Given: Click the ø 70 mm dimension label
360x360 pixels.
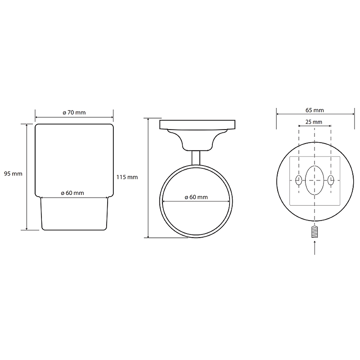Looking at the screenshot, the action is point(74,112).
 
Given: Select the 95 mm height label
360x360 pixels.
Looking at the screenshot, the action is point(13,174).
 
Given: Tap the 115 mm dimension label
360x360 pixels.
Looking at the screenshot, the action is point(127,177).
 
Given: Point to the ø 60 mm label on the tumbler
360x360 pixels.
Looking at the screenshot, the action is point(72,193).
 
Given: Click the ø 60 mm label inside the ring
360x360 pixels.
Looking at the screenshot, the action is point(196,197).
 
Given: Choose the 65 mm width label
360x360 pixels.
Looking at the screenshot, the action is point(315,110).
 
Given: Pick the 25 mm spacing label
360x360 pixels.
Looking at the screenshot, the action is point(314,121).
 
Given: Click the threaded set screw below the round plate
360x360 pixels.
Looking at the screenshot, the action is point(315,232).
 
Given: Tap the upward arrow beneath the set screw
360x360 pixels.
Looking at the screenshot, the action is point(315,247).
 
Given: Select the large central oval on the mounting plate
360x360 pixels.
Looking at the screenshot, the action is point(315,180).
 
